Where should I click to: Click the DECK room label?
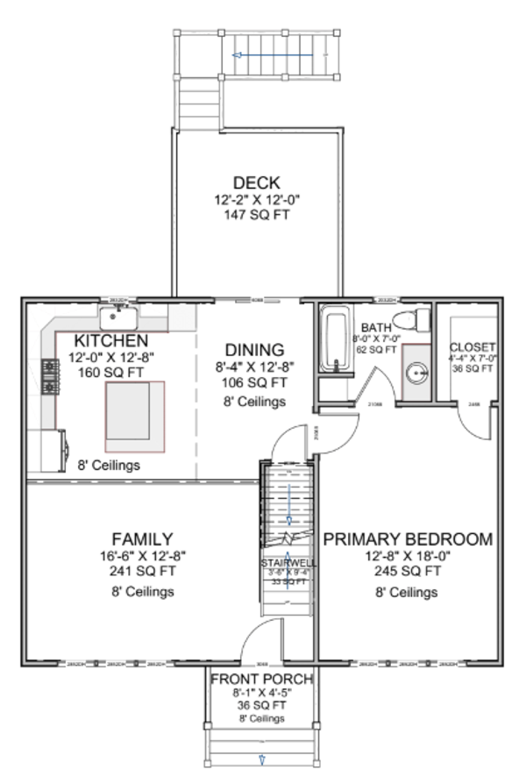click(256, 182)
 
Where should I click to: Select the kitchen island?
click(134, 410)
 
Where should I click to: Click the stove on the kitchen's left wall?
click(49, 376)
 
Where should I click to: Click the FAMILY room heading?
click(142, 538)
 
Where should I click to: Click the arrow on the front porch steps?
click(261, 759)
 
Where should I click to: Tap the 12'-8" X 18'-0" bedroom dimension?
click(408, 557)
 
